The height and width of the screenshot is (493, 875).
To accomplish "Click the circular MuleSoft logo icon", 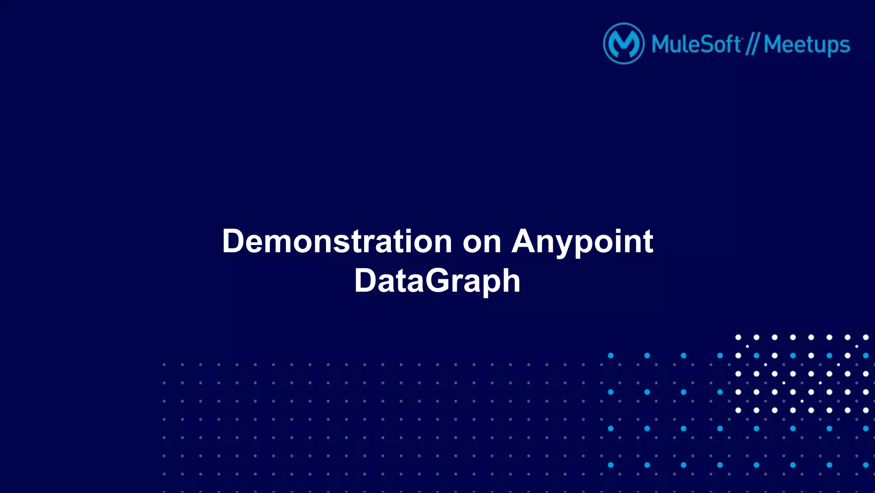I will pos(624,44).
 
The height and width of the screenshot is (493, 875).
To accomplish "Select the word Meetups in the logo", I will pos(807,45).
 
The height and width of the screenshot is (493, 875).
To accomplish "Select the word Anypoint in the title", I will pos(582,242).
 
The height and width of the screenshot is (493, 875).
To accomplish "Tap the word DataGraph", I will pos(437,281).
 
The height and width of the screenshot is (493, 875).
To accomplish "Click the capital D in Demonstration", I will pos(233,241).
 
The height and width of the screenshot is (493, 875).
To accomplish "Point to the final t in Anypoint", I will pos(648,242).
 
